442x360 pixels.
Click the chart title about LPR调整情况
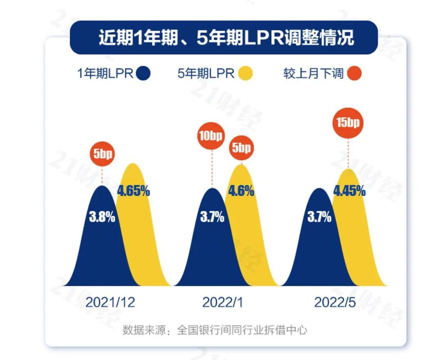(226, 38)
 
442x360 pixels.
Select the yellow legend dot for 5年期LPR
(245, 74)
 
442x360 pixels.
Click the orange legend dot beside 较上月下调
(354, 74)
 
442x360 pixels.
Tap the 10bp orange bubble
(212, 136)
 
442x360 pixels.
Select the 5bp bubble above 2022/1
(241, 147)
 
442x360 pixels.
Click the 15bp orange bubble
(348, 123)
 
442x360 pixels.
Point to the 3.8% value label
(102, 217)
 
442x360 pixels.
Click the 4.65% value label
(133, 190)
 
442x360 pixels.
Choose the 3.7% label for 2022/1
(212, 217)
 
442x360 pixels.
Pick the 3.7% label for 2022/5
(319, 217)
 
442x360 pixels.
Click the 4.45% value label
(349, 191)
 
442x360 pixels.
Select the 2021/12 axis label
(110, 302)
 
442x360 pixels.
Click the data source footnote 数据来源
(214, 330)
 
